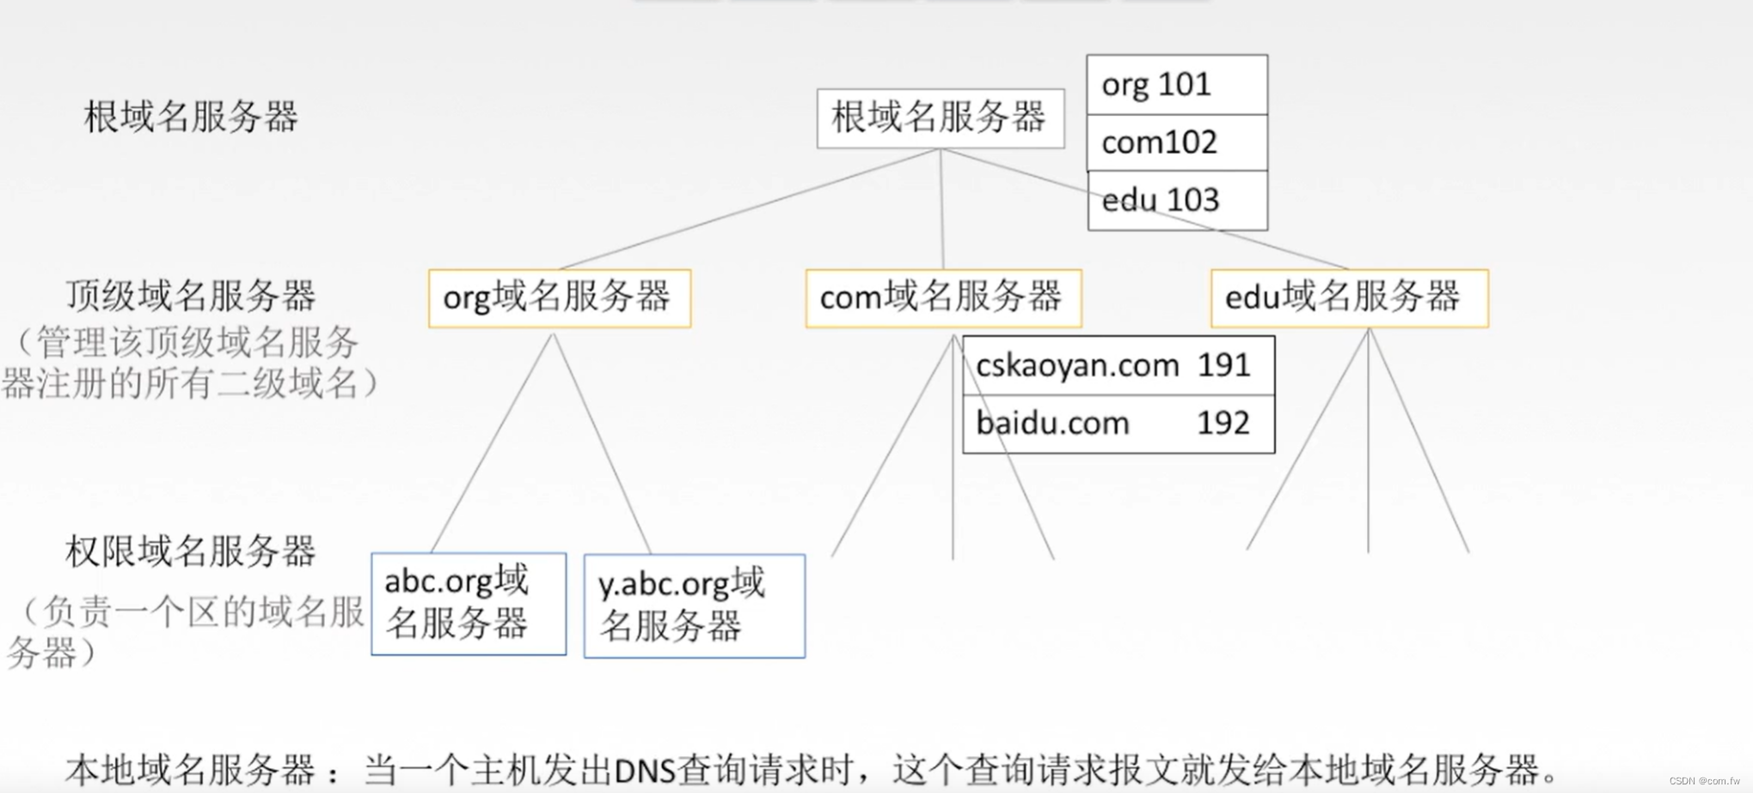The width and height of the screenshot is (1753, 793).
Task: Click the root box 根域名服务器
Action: click(940, 118)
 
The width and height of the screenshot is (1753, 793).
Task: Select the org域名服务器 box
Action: click(559, 298)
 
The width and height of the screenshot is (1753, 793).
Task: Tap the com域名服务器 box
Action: click(943, 298)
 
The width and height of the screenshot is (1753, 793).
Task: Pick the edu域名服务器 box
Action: click(1349, 298)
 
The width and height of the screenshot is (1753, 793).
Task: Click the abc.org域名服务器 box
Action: click(469, 603)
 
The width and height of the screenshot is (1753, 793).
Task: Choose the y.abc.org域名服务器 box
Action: click(694, 606)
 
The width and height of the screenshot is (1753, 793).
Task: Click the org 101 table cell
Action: click(1176, 85)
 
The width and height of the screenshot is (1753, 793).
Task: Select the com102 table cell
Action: click(1176, 143)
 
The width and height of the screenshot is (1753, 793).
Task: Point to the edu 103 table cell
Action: click(1176, 200)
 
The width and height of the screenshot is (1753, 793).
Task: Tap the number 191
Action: click(1223, 366)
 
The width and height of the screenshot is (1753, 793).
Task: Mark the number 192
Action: click(1223, 424)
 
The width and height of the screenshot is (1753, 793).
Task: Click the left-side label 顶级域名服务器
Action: click(191, 296)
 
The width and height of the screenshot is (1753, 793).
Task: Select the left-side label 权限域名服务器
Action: click(191, 552)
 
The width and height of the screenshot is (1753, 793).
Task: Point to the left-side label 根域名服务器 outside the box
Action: click(191, 117)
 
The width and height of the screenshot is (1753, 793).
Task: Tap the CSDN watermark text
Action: click(1704, 781)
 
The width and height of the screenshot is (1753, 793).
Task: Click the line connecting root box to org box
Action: click(748, 210)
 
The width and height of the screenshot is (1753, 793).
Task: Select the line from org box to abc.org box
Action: click(493, 442)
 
